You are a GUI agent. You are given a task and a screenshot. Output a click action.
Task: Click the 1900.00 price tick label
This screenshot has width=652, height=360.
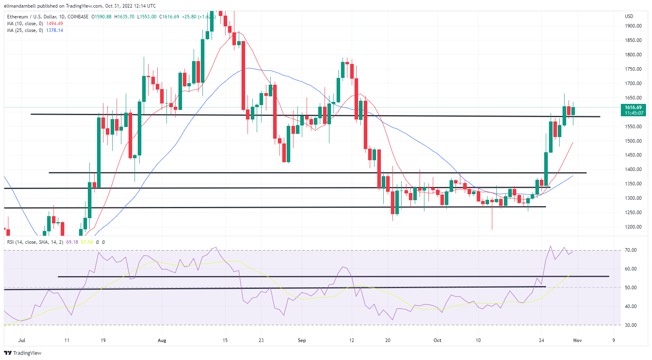[633, 26]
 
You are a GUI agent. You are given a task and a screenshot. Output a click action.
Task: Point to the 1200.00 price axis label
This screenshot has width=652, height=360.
[633, 227]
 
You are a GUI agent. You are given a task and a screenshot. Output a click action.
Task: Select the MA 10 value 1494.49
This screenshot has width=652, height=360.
[55, 24]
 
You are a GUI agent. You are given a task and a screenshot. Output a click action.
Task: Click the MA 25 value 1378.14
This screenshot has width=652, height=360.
[55, 30]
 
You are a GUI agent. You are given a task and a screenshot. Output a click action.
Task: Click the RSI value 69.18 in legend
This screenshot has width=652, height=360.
[72, 242]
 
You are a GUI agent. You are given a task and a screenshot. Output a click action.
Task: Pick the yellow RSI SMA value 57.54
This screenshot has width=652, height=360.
[87, 242]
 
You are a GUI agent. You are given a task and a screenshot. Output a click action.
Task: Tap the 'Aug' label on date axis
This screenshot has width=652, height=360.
[162, 340]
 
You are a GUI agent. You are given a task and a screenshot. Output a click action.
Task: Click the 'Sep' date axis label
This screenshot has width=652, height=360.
[302, 340]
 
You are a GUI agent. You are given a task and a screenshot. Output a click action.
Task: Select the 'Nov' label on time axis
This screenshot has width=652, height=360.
[577, 340]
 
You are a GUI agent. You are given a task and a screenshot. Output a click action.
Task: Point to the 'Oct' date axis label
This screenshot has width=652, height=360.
[438, 340]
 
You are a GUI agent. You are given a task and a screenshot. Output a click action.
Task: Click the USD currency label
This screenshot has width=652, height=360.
[629, 16]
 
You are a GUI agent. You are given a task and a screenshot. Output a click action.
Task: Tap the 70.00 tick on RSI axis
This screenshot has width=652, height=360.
[631, 250]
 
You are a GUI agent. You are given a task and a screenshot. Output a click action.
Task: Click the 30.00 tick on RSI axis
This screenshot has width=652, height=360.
[631, 325]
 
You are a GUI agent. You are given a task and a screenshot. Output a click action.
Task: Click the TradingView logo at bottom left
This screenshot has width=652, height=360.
[23, 353]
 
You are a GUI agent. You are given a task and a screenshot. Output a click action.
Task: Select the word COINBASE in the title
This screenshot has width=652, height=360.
[78, 17]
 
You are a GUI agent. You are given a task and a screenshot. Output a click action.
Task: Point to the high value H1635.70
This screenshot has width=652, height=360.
[124, 17]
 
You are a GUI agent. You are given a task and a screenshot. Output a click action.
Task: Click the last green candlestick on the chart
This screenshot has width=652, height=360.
[573, 111]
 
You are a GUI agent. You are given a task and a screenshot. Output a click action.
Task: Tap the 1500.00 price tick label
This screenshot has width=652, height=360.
[633, 141]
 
